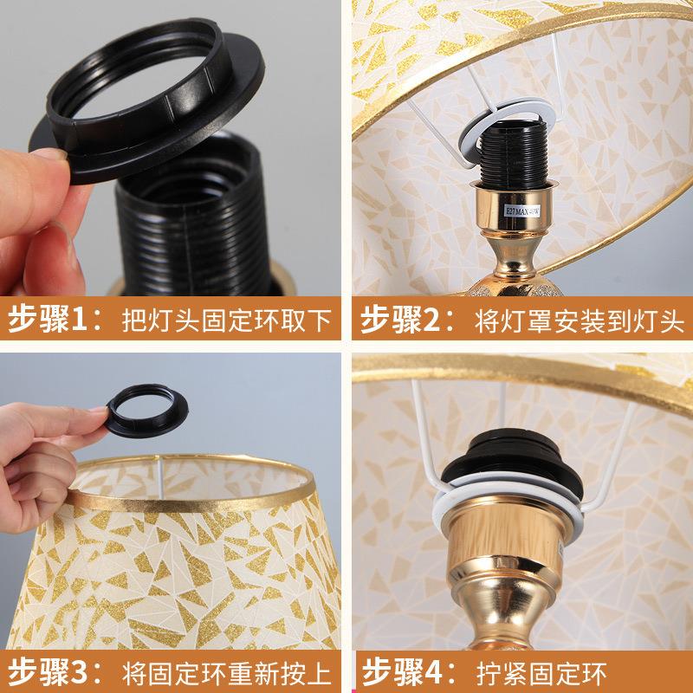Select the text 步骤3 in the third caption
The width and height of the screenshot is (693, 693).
[48, 672]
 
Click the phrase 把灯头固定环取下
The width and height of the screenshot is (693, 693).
[227, 320]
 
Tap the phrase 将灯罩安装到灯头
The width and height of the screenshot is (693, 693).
[580, 320]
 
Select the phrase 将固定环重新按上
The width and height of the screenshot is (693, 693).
[227, 673]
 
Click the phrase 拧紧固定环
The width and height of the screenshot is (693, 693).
[541, 673]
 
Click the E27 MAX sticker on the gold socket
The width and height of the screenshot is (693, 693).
[522, 210]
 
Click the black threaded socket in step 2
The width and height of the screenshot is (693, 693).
[514, 152]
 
